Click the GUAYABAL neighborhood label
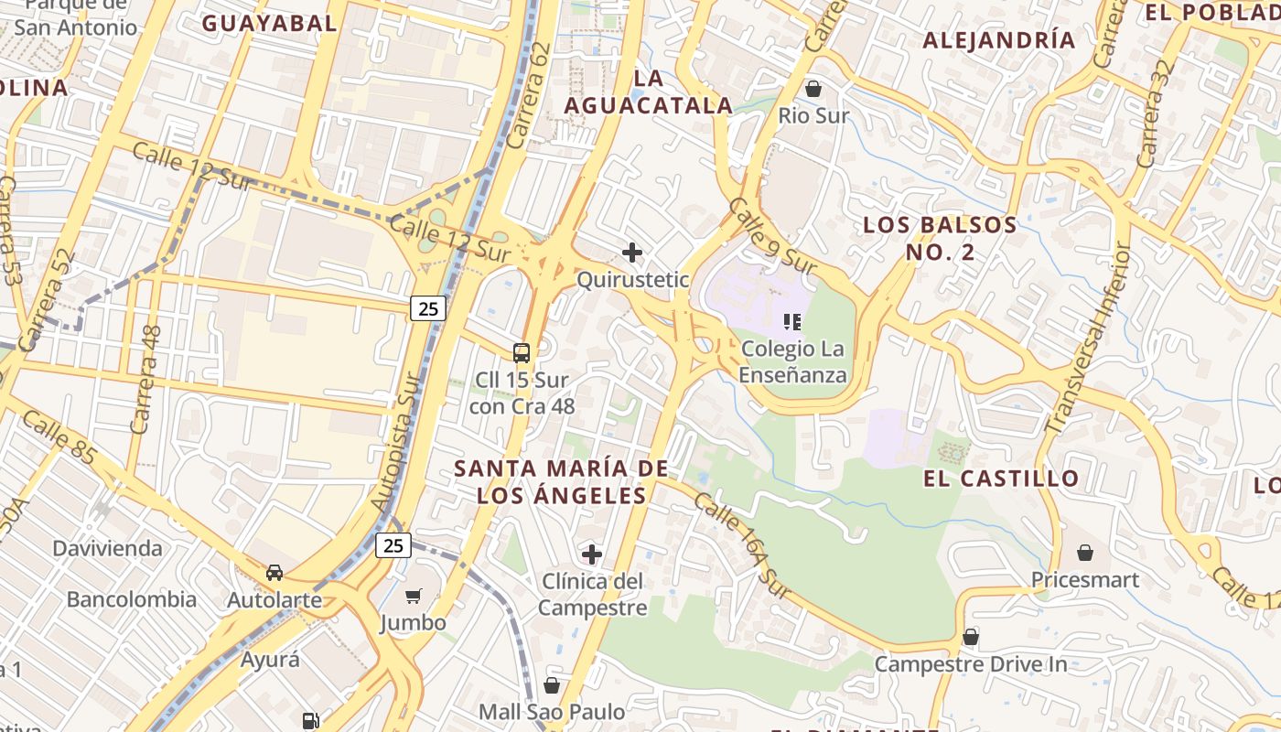[269, 24]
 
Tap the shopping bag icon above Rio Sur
[813, 89]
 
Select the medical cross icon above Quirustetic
[631, 253]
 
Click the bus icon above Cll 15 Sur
[522, 352]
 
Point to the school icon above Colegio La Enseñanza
[792, 321]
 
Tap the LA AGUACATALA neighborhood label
[648, 92]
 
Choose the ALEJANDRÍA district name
[998, 40]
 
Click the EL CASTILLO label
[1001, 478]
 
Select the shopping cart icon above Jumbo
[413, 597]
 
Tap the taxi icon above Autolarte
[274, 573]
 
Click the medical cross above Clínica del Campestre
[592, 554]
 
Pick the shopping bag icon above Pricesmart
[1084, 553]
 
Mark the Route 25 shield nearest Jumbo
[393, 545]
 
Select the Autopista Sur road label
[398, 443]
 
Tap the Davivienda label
[107, 549]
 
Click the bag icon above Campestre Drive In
[970, 636]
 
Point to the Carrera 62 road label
[529, 96]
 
